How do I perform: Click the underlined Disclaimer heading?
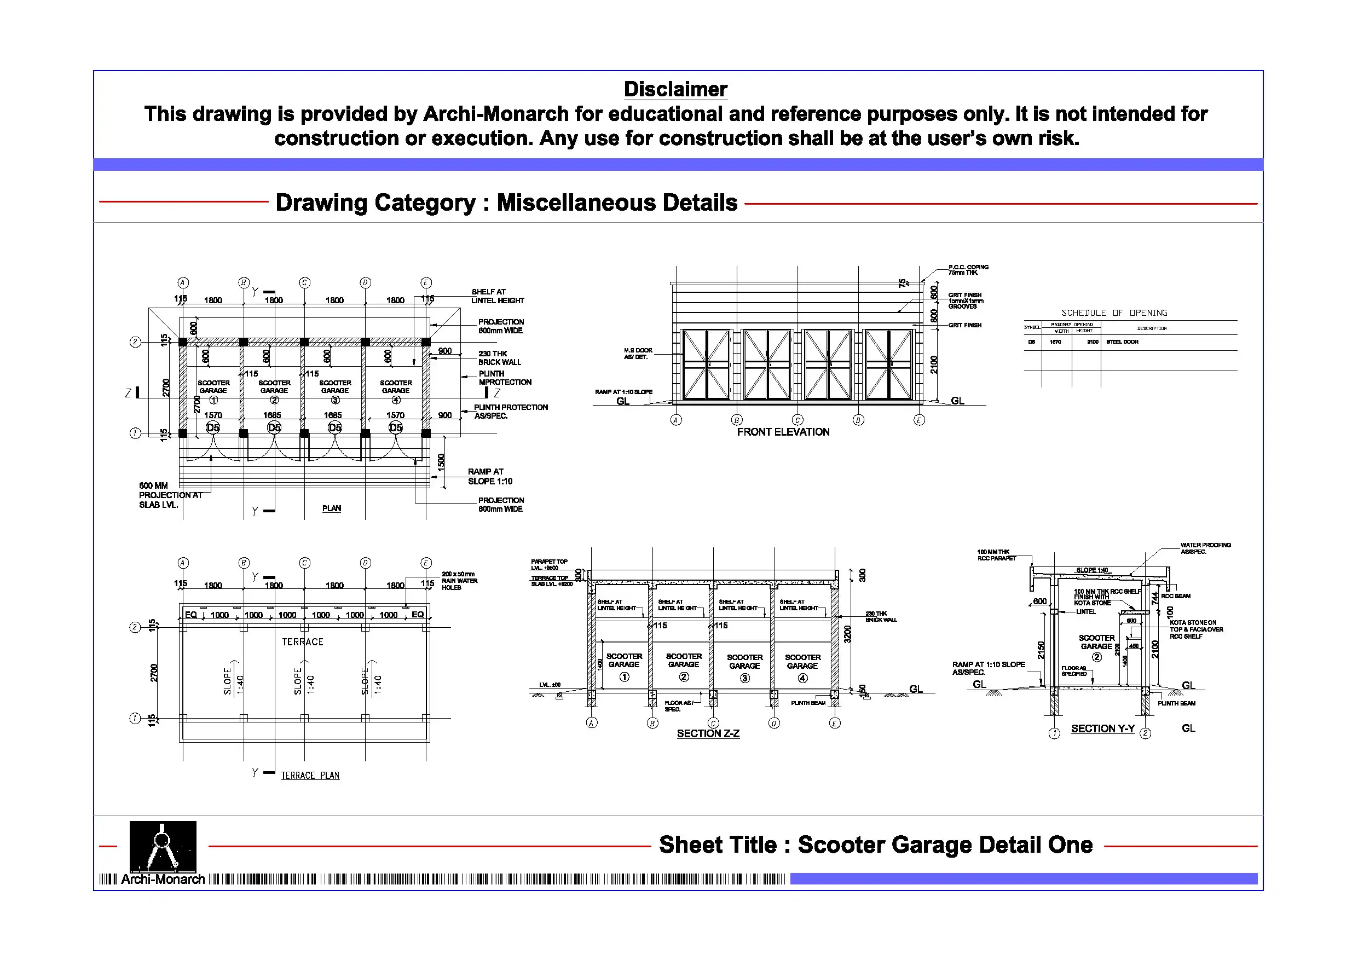(675, 89)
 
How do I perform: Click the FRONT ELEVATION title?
(783, 432)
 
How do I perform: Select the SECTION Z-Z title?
(707, 733)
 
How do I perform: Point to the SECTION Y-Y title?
(1102, 728)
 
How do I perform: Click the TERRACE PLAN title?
(310, 776)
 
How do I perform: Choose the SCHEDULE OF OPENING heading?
(1114, 313)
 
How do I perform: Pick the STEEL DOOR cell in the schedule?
(1122, 342)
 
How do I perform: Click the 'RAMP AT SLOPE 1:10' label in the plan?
(490, 476)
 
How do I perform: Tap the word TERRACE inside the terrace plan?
(302, 642)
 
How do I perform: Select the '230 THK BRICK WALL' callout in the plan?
(499, 358)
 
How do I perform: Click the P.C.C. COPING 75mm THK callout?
(968, 270)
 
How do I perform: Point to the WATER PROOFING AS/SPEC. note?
(1205, 548)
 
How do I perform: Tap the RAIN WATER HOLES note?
(459, 581)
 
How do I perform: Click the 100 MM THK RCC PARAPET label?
(996, 555)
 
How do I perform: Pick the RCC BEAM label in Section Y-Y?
(1175, 596)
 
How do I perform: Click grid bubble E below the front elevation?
(918, 420)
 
